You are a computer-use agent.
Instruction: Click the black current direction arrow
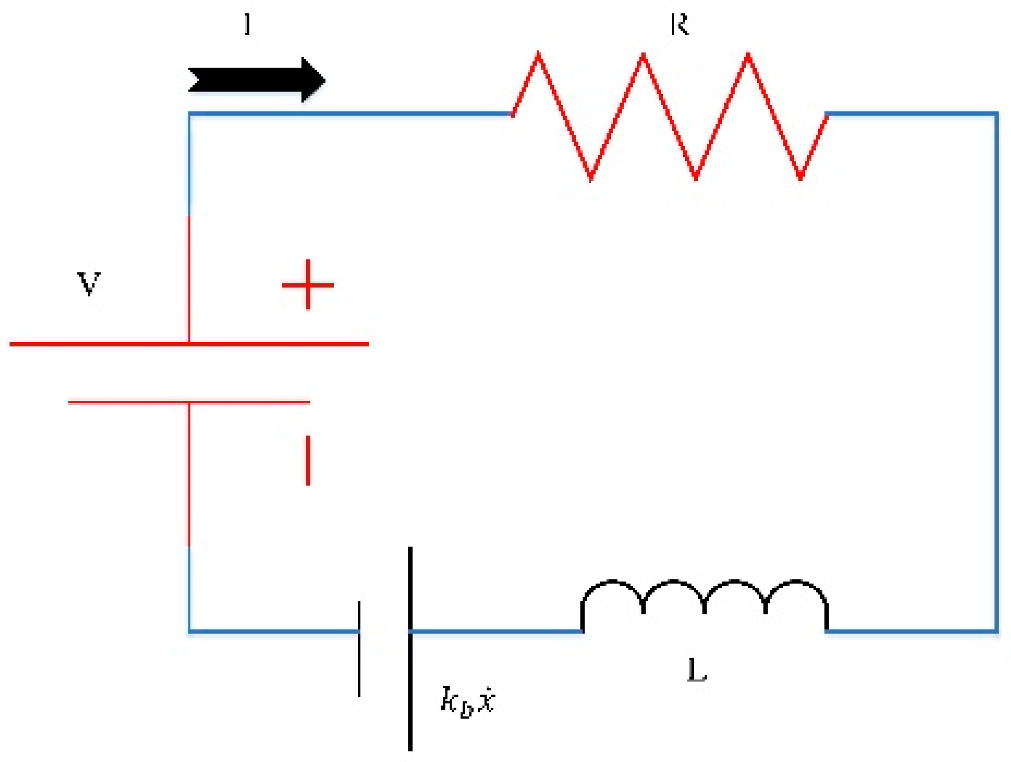[256, 80]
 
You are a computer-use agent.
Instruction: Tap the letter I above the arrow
[247, 24]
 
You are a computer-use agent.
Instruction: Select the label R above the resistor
[679, 25]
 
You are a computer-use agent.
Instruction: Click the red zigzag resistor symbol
[670, 116]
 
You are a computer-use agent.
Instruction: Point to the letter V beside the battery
[89, 283]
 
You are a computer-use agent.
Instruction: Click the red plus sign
[308, 285]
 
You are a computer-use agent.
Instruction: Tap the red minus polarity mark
[308, 460]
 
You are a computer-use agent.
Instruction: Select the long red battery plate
[189, 344]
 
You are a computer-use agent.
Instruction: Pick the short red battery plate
[189, 403]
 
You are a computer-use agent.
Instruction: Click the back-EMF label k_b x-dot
[467, 700]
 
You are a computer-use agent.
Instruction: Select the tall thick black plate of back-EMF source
[410, 649]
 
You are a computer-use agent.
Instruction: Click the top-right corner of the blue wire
[996, 113]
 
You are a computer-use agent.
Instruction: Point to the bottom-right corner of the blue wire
[996, 632]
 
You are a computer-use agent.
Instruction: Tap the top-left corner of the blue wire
[190, 113]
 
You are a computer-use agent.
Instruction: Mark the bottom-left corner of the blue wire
[190, 632]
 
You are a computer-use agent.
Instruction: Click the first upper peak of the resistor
[539, 54]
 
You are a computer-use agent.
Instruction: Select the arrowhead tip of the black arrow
[325, 80]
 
